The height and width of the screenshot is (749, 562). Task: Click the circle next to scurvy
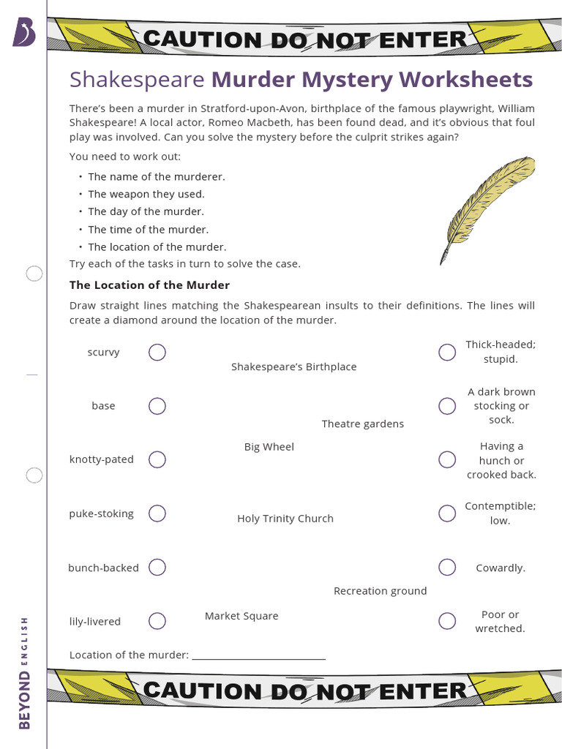point(157,353)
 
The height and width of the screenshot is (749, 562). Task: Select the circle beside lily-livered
point(157,621)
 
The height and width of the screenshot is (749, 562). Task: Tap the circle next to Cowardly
point(447,567)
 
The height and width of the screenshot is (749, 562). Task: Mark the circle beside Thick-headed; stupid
point(447,353)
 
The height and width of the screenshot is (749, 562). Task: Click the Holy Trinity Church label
point(285,519)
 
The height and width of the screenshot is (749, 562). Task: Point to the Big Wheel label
point(269,447)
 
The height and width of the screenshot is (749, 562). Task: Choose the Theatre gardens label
point(363,424)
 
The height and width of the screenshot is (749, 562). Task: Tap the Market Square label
point(241,616)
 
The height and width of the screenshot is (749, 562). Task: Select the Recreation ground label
point(380,591)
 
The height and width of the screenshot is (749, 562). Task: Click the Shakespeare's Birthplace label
point(294,366)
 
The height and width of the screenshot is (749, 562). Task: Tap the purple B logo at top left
point(23,33)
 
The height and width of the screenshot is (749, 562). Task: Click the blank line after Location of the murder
point(258,655)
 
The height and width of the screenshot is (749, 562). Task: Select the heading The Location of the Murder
point(149,285)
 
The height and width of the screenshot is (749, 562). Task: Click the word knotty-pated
point(102,459)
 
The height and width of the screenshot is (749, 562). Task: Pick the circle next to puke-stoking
point(157,513)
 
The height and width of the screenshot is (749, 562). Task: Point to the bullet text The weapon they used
point(146,194)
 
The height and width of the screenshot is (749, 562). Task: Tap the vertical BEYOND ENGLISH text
point(24,673)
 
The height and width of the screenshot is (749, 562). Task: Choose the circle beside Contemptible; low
point(447,513)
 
